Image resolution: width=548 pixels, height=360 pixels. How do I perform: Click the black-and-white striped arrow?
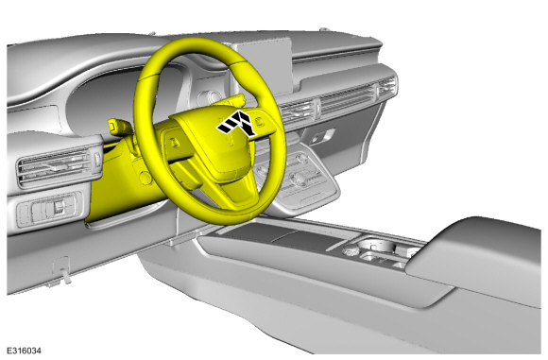pyautogui.click(x=237, y=123)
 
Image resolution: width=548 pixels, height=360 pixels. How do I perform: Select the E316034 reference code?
pyautogui.click(x=24, y=351)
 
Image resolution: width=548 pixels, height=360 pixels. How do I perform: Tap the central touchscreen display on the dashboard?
pyautogui.click(x=262, y=66)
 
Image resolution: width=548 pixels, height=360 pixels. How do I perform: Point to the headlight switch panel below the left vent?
pyautogui.click(x=47, y=210)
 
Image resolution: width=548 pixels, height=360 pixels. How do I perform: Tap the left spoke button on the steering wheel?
pyautogui.click(x=174, y=143)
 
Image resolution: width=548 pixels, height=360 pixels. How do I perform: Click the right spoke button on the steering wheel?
pyautogui.click(x=259, y=121)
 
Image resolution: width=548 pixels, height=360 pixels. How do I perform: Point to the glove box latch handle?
pyautogui.click(x=322, y=136)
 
